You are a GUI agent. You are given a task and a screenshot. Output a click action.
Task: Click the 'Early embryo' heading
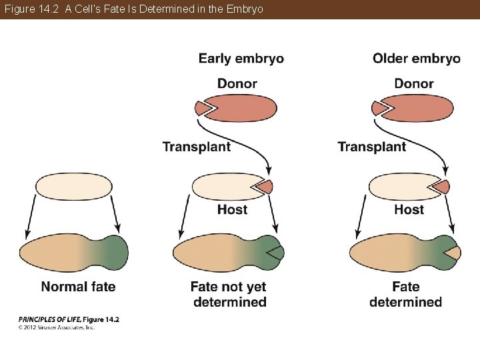click(241, 59)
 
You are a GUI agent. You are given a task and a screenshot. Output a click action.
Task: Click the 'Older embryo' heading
click(416, 59)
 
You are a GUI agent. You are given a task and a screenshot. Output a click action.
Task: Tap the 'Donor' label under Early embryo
click(237, 84)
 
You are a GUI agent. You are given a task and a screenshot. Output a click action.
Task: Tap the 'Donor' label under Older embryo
click(413, 84)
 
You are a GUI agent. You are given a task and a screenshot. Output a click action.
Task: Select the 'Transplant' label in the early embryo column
click(197, 147)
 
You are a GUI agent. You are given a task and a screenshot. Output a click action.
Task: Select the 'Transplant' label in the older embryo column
click(371, 147)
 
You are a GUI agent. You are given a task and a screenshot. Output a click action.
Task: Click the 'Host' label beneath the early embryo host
click(232, 209)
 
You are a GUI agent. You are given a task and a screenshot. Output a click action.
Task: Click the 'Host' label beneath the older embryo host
click(409, 209)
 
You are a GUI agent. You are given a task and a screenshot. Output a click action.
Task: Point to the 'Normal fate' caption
click(78, 287)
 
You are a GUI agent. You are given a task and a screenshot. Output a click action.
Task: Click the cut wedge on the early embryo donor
click(203, 107)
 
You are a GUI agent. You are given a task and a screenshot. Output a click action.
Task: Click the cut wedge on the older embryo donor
click(379, 107)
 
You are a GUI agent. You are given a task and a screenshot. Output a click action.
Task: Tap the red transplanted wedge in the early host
click(265, 186)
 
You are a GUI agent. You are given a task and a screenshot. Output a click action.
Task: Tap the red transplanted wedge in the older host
click(442, 186)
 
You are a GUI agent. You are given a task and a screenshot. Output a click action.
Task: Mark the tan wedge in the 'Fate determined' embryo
click(453, 253)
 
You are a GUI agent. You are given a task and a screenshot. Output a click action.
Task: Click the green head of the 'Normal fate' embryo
click(113, 253)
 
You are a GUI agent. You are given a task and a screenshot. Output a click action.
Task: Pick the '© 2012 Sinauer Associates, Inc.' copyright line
click(57, 327)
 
